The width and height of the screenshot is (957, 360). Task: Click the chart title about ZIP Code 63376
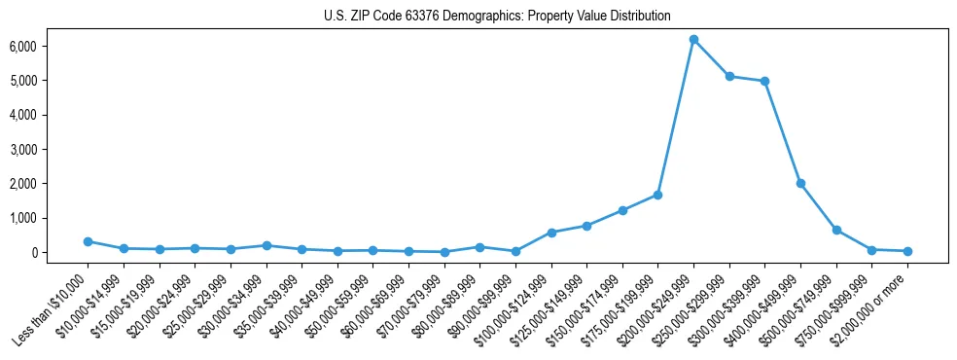click(x=497, y=17)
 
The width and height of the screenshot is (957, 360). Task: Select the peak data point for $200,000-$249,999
click(x=693, y=40)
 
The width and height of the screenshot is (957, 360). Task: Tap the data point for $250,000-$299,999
click(x=729, y=76)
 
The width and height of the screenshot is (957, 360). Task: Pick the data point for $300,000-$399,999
click(x=765, y=81)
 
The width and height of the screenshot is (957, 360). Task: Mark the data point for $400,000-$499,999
click(x=800, y=183)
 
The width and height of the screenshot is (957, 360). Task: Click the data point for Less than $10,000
click(x=88, y=241)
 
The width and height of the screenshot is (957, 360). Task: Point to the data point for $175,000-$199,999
click(x=658, y=195)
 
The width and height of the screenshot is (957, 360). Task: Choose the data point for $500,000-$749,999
click(x=836, y=230)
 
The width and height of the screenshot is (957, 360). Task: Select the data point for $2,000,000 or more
click(x=907, y=251)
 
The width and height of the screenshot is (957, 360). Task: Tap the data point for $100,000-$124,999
click(x=551, y=233)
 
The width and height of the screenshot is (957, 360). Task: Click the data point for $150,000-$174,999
click(x=622, y=210)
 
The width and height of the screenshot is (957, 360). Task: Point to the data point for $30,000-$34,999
click(x=266, y=245)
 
